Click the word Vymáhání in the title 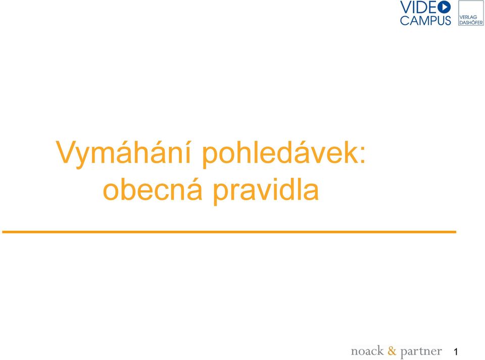(123, 152)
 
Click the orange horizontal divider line (229, 232)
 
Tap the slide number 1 (456, 351)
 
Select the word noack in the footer (367, 351)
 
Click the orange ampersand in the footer (392, 351)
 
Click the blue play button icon (444, 7)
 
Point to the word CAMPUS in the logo (425, 20)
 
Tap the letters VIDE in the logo (418, 7)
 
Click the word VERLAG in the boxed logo (468, 17)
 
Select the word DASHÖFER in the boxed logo (471, 22)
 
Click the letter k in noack (379, 351)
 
